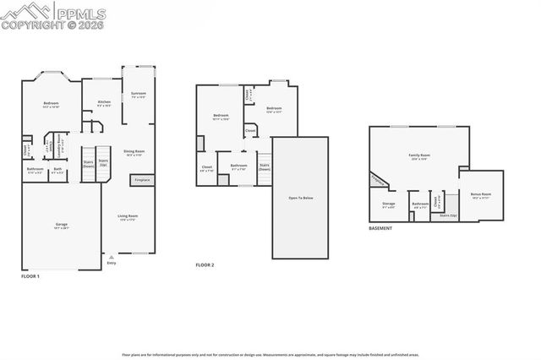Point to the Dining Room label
coord(134,152)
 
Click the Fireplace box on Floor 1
coord(141,180)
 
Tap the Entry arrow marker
coord(111,257)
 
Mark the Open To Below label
coord(301,198)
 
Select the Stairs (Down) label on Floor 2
coord(264,167)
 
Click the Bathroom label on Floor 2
coord(239,166)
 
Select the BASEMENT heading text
coord(380,228)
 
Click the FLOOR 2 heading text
coord(205,265)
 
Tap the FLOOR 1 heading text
coord(30,276)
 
